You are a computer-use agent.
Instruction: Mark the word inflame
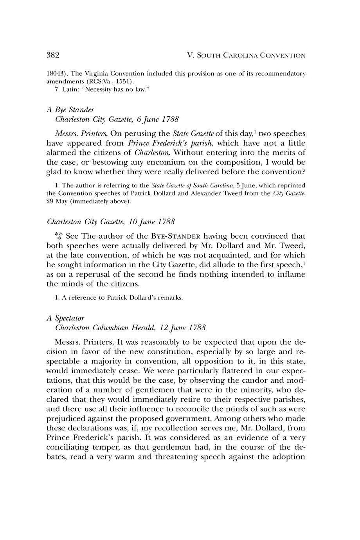coord(289,274)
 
